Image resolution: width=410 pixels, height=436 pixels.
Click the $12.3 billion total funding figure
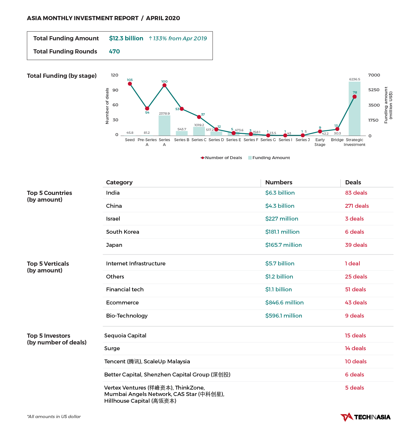(126, 38)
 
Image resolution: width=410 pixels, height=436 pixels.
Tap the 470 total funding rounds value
(114, 51)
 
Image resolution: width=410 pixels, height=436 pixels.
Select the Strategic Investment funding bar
(354, 109)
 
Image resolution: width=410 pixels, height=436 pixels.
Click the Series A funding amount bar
(164, 125)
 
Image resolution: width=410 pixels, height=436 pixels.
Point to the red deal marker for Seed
(130, 84)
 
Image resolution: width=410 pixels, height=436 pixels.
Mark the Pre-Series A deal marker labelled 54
(147, 109)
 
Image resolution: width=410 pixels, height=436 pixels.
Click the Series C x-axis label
(199, 140)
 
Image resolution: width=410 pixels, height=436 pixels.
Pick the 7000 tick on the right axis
(374, 75)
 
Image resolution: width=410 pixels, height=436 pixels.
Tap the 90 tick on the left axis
(115, 90)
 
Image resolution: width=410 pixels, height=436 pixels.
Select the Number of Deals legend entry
(221, 157)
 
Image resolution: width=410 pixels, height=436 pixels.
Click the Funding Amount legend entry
(269, 157)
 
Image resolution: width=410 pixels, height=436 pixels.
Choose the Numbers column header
(279, 182)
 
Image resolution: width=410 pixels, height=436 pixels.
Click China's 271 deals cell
(357, 206)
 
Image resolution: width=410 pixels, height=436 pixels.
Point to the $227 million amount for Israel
(282, 219)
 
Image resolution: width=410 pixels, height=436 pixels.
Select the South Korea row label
(123, 232)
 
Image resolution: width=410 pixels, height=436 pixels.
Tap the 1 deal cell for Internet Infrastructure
(352, 263)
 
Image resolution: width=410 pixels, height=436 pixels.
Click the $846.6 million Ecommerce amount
(284, 303)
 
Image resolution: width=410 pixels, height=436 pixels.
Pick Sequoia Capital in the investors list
(125, 335)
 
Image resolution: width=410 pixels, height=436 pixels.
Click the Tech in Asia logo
(365, 417)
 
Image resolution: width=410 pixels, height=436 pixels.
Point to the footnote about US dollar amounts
(54, 416)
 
